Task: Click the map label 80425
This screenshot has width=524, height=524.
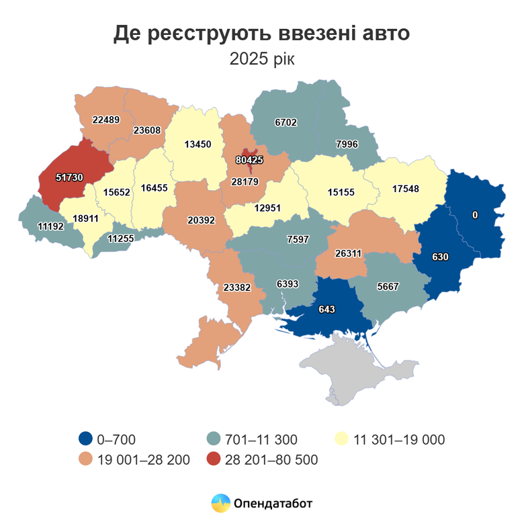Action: click(x=249, y=161)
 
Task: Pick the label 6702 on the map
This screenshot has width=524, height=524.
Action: click(x=286, y=122)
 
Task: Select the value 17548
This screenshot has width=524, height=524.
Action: click(x=405, y=189)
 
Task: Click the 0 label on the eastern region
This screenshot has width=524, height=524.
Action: click(x=475, y=215)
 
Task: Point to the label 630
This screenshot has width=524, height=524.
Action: click(x=440, y=257)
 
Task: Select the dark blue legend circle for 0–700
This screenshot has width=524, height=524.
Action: click(x=85, y=440)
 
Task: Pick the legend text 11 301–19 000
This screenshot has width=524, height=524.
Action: click(x=399, y=440)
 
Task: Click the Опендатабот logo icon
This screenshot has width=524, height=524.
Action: click(x=220, y=503)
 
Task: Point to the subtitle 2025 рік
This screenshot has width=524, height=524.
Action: click(x=261, y=60)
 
